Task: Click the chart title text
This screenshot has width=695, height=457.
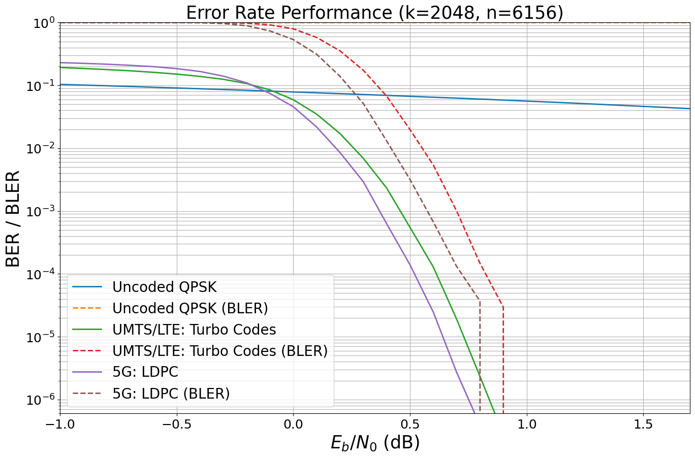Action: point(374,13)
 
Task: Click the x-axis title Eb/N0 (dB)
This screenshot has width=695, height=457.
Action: point(375,442)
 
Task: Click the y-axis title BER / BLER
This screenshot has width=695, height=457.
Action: point(13,218)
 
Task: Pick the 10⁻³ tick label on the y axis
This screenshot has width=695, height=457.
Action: point(41,212)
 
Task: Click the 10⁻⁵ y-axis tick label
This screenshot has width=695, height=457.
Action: point(41,337)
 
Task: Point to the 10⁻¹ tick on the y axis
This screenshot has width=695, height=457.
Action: point(41,86)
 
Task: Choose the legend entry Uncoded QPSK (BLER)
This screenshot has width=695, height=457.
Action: point(190,308)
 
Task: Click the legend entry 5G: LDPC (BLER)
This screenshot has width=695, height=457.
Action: point(171,394)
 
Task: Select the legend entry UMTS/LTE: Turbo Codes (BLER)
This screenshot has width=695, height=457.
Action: point(220,351)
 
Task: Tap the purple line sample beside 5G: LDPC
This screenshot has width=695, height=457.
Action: point(87,372)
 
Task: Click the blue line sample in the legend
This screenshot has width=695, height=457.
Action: point(87,287)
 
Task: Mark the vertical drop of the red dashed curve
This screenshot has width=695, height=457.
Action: point(503,355)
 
